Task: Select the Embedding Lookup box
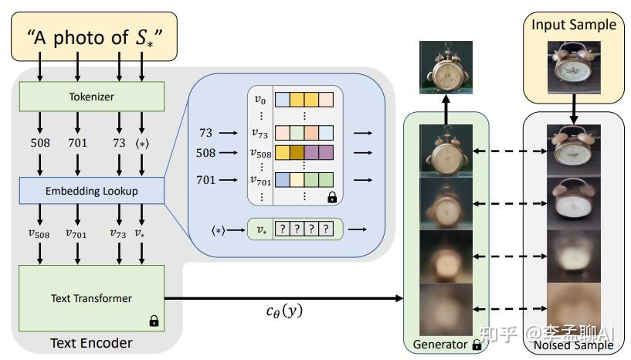point(91,190)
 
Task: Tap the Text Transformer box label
point(91,298)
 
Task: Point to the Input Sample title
point(573,25)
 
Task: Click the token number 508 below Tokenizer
point(39,144)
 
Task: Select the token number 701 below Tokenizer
point(77,144)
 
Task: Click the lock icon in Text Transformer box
point(153,320)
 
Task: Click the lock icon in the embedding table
point(331,198)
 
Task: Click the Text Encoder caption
point(91,342)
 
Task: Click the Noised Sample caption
point(573,345)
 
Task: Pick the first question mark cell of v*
point(283,229)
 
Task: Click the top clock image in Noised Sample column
point(573,151)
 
